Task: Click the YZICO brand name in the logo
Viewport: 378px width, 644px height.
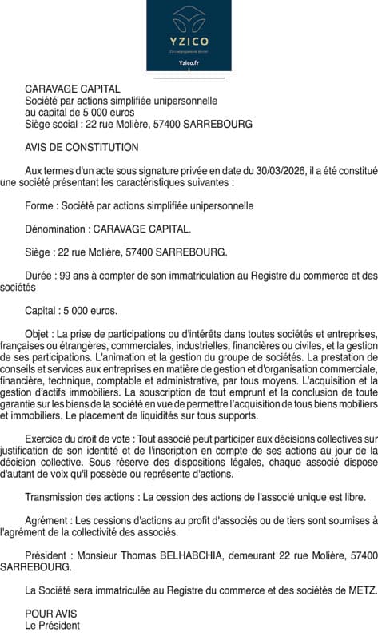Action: pos(189,41)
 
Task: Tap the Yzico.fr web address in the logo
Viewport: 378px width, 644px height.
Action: pos(189,62)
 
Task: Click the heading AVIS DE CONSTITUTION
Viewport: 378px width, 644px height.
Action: pos(82,148)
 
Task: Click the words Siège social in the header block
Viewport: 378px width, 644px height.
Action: pos(53,125)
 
